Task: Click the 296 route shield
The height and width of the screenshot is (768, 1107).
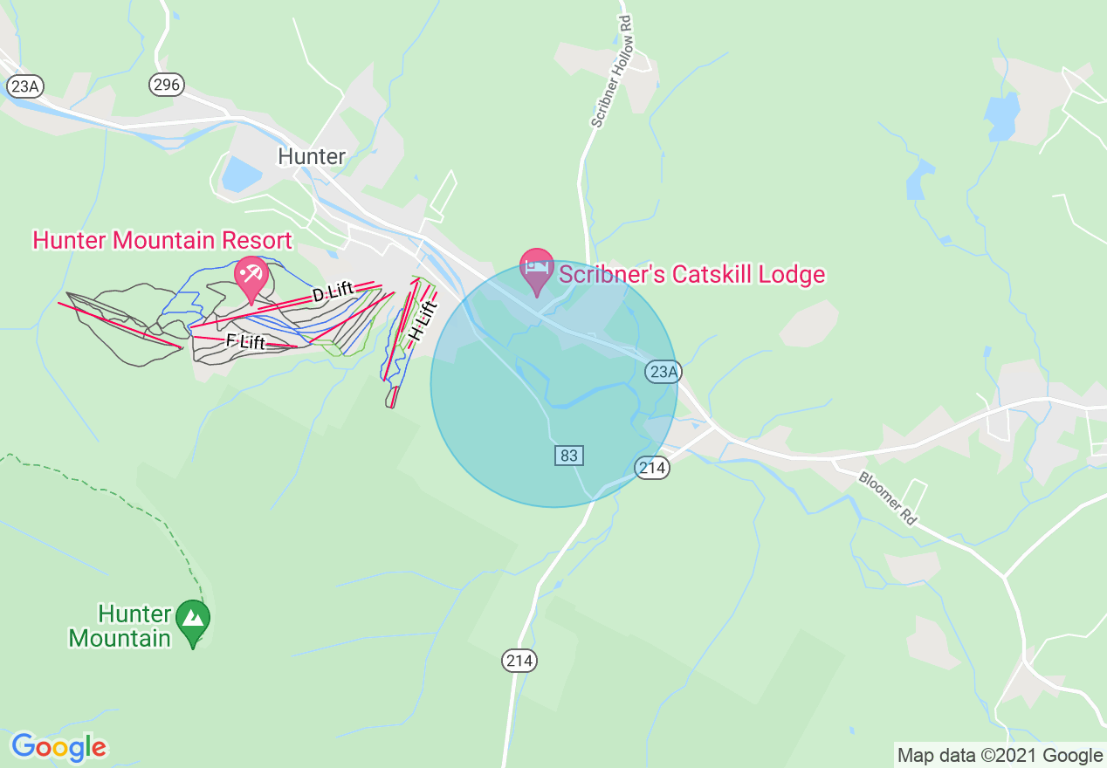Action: click(166, 85)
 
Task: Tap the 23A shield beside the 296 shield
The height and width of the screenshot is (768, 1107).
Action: click(24, 86)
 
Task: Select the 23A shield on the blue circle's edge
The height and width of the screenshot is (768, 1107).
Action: click(663, 373)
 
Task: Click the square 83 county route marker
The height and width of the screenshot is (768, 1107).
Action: click(568, 455)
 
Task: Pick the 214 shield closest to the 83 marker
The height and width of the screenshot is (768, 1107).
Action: click(652, 468)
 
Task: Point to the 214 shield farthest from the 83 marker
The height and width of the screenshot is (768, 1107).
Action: click(519, 661)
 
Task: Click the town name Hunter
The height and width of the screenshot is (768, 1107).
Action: click(312, 156)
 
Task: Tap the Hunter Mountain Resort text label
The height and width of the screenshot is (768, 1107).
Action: click(162, 240)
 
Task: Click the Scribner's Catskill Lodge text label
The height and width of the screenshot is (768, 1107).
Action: click(691, 275)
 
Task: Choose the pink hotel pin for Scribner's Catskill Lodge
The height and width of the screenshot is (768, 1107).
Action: click(536, 269)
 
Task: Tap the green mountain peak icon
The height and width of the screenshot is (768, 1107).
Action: click(193, 621)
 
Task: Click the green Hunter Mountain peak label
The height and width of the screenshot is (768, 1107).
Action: click(120, 626)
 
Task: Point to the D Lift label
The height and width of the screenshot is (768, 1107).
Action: click(333, 294)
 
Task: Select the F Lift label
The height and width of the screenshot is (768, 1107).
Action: click(245, 341)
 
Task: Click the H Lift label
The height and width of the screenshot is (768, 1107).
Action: click(422, 322)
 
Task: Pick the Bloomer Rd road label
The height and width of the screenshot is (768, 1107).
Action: click(887, 497)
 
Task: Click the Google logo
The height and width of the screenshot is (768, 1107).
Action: click(58, 747)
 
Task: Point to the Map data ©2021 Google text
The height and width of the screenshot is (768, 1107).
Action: click(1000, 756)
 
